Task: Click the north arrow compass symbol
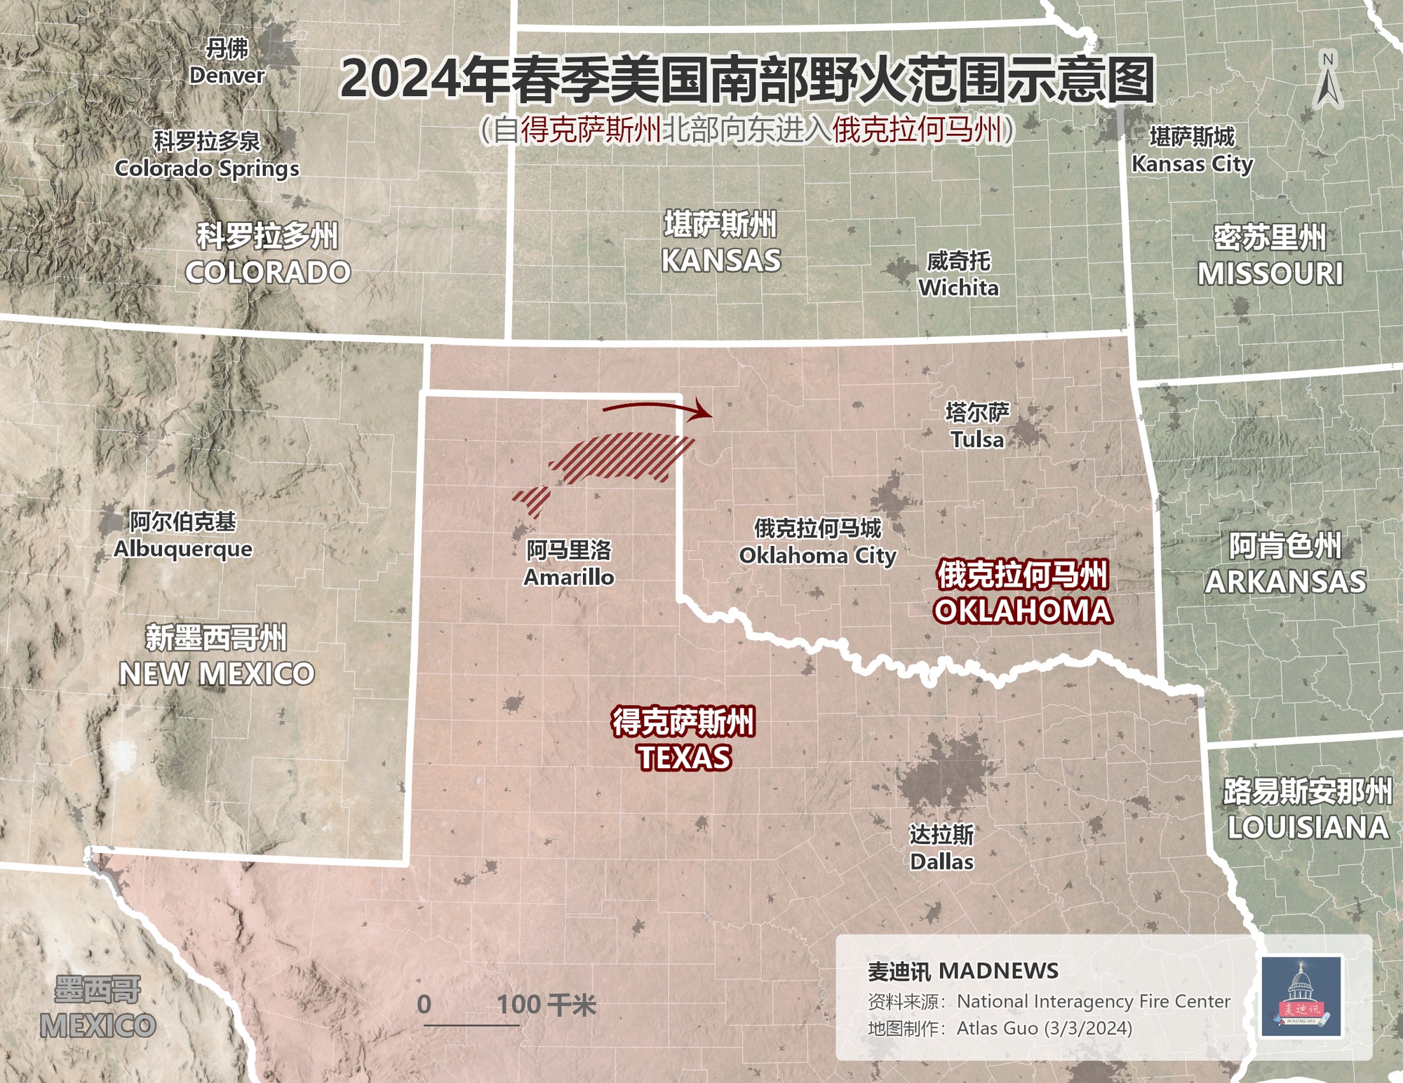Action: [x=1327, y=80]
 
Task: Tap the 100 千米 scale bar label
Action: [x=546, y=1005]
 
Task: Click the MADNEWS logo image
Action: [x=1302, y=996]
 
